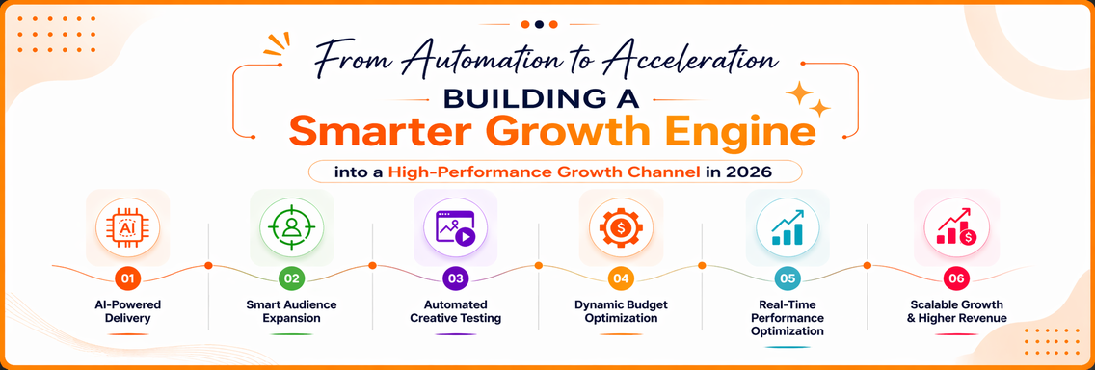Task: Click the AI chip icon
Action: point(127,227)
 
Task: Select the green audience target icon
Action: point(292,227)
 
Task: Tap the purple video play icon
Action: point(455,227)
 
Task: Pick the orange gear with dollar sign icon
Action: point(621,227)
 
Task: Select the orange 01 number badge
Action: point(127,278)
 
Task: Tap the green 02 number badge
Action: point(291,278)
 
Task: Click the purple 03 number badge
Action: point(455,278)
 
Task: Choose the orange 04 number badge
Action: point(620,278)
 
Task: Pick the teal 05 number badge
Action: point(788,278)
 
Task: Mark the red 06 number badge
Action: point(956,278)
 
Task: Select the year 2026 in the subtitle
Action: point(749,172)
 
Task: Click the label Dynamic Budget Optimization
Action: point(621,311)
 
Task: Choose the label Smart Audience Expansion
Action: point(291,311)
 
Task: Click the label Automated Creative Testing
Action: point(455,311)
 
